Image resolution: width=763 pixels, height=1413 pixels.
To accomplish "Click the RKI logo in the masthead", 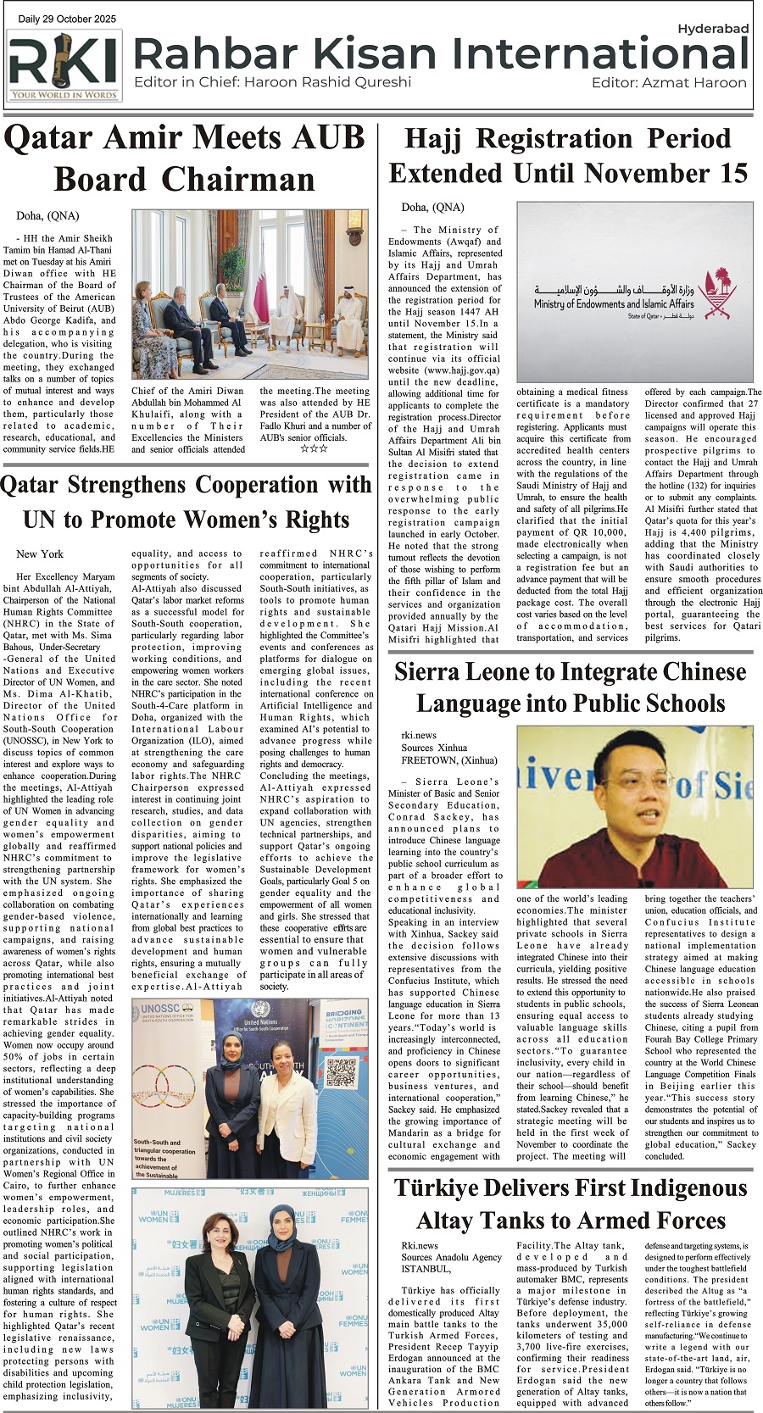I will click(64, 65).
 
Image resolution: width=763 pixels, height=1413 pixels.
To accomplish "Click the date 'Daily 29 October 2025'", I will click(67, 19).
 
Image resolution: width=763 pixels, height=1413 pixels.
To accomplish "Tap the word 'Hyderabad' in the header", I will click(712, 29).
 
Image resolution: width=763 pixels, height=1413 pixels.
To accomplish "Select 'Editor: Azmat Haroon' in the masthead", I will click(669, 82).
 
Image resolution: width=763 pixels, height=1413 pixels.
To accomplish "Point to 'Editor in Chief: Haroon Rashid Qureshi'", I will click(272, 82).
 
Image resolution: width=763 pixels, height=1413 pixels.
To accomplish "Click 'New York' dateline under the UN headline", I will click(40, 554).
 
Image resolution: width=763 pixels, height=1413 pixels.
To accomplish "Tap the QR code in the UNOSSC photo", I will click(341, 1073).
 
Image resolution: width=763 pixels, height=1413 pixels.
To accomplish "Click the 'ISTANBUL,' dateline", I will click(426, 1269).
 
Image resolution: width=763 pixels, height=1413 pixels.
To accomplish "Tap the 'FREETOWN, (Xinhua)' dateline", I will click(449, 760).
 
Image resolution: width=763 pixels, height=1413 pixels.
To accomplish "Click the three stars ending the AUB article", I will click(314, 449).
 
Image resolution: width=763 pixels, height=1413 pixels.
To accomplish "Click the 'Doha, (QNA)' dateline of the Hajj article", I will click(432, 207).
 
